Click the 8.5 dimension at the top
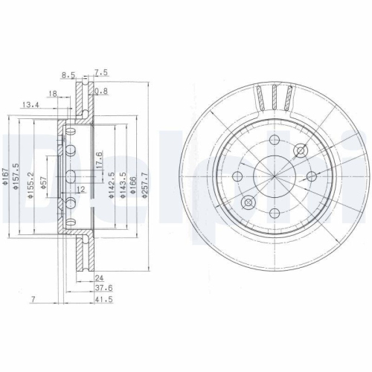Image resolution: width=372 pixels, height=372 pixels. tap(68, 74)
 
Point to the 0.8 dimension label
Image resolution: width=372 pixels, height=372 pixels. tap(102, 92)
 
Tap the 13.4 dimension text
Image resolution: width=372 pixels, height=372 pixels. tap(31, 105)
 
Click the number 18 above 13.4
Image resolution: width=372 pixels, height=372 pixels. tap(53, 94)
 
